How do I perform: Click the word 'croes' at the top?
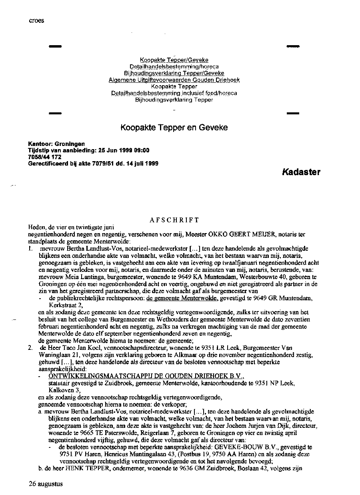pyautogui.click(x=36, y=20)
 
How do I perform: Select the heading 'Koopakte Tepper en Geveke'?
pyautogui.click(x=174, y=128)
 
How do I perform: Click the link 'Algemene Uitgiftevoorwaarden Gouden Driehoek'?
pyautogui.click(x=174, y=80)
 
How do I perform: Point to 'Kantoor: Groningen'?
pyautogui.click(x=56, y=144)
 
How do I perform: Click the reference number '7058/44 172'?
pyautogui.click(x=44, y=157)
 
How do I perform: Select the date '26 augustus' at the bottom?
pyautogui.click(x=46, y=483)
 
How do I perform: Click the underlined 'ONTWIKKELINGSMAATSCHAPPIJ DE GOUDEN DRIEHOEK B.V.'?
pyautogui.click(x=146, y=376)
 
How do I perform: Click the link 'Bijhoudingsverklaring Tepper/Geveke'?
pyautogui.click(x=174, y=73)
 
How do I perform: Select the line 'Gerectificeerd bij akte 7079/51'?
pyautogui.click(x=93, y=163)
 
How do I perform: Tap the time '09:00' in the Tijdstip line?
pyautogui.click(x=141, y=150)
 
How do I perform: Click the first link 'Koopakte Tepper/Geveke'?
pyautogui.click(x=174, y=60)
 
